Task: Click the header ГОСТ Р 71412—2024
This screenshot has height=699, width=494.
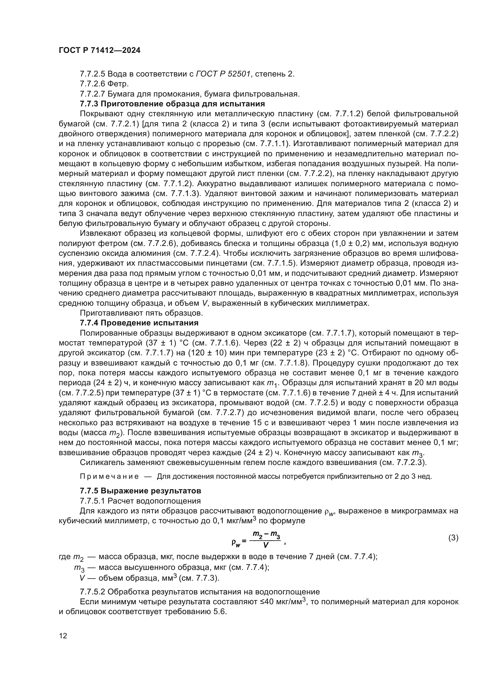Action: coord(99,51)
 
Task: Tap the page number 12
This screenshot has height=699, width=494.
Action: coord(63,635)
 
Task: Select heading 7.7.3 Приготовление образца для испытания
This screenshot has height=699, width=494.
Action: coord(172,104)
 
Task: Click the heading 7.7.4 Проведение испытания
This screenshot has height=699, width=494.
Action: coord(139,323)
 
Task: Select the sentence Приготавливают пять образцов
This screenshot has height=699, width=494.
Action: coord(141,313)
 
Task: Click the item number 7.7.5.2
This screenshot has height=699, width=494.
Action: coord(93,592)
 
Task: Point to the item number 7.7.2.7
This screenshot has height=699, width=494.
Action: coord(93,94)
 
